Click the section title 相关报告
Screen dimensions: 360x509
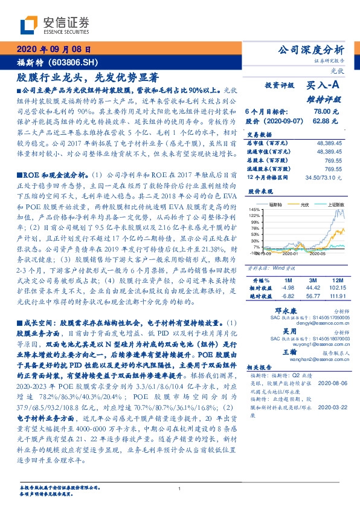(x=260, y=366)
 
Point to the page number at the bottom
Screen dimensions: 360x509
(x=179, y=488)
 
